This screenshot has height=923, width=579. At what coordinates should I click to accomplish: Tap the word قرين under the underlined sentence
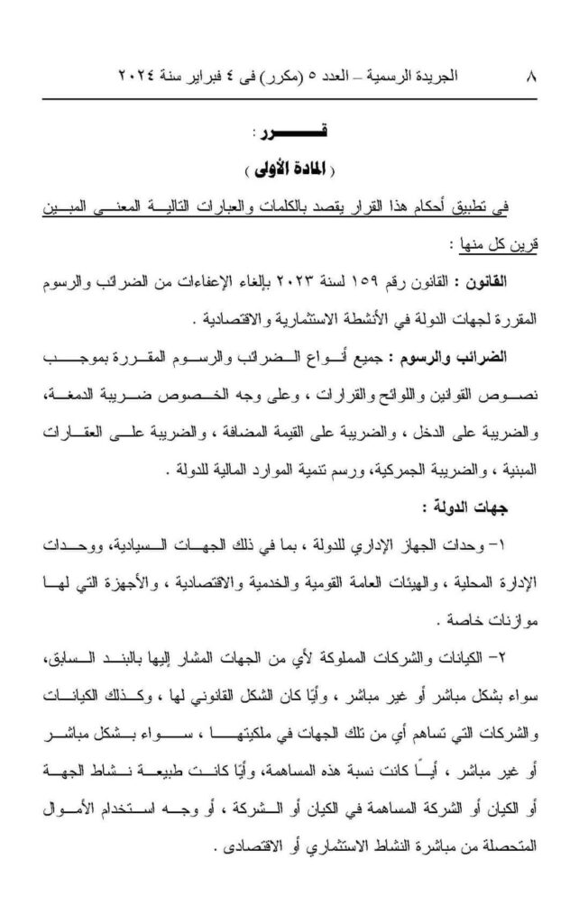[x=523, y=245]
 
